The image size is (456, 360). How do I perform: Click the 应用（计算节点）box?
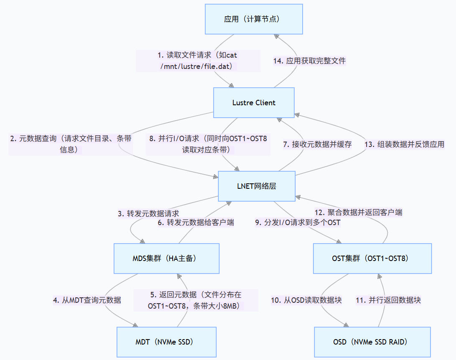(x=254, y=19)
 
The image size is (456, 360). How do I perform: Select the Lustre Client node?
(x=254, y=103)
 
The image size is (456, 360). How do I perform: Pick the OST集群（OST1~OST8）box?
(x=373, y=258)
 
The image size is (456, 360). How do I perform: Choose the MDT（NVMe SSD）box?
(x=166, y=342)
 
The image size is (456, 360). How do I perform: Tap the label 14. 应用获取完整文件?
(x=309, y=61)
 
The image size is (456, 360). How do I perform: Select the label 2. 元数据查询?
(x=71, y=144)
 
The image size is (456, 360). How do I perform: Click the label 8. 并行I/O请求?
(x=207, y=144)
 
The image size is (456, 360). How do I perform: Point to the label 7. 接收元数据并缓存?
(x=317, y=144)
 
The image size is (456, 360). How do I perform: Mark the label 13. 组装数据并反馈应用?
(x=404, y=144)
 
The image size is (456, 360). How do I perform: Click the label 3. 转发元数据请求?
(x=148, y=213)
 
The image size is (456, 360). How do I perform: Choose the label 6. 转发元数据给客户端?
(x=196, y=223)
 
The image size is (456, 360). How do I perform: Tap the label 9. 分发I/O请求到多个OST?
(x=298, y=223)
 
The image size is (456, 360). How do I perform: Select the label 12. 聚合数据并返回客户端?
(x=358, y=212)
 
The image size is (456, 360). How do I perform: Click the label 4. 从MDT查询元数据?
(x=87, y=300)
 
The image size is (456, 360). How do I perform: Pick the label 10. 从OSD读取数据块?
(x=306, y=300)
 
